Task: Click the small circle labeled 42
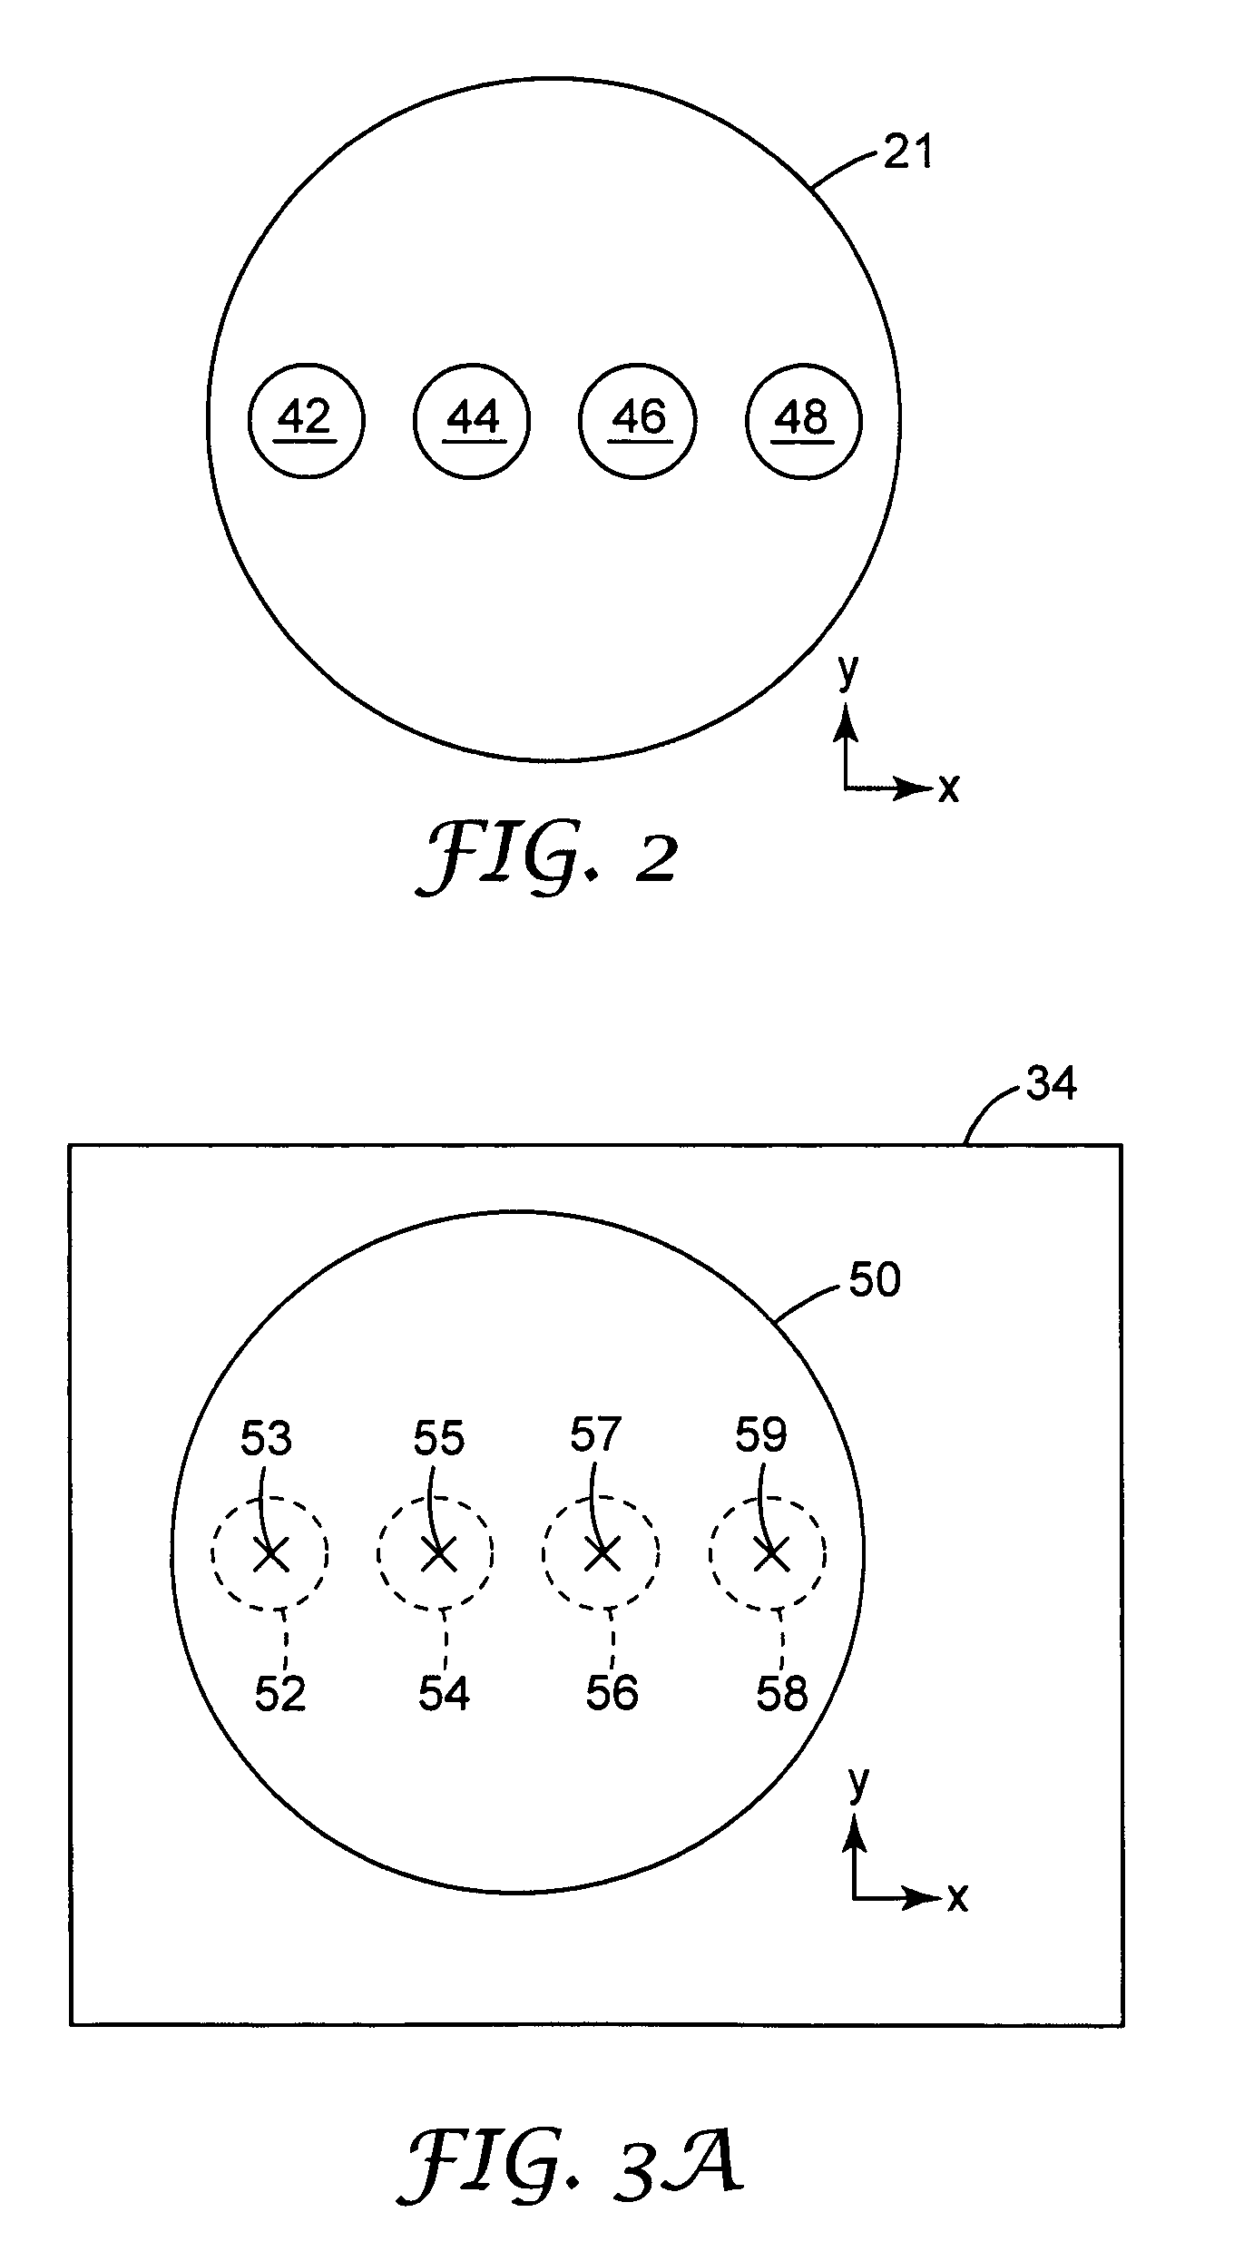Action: coord(306,421)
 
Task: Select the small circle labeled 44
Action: coord(472,421)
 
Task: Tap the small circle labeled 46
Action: coord(638,421)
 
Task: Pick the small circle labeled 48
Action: coord(804,421)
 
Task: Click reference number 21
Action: coord(908,152)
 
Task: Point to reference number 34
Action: coord(1051,1083)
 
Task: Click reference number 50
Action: coord(874,1279)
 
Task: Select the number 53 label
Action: coord(266,1438)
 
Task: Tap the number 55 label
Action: coord(439,1438)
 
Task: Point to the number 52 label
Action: coord(280,1693)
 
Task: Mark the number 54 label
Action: coord(444,1693)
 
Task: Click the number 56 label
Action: coord(612,1693)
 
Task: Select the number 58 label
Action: coord(782,1693)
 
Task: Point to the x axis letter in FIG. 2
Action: coord(947,788)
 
